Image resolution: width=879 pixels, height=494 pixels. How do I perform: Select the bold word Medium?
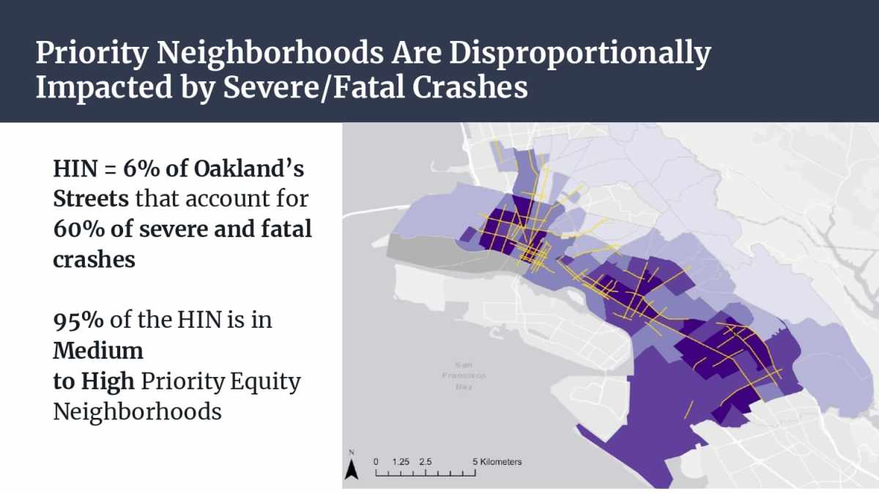click(98, 351)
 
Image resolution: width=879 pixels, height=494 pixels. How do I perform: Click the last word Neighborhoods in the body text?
click(137, 411)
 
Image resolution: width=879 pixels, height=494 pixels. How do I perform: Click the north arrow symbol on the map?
click(352, 468)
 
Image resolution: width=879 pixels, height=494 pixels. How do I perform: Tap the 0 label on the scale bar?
click(376, 462)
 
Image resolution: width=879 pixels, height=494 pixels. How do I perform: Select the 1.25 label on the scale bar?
click(401, 462)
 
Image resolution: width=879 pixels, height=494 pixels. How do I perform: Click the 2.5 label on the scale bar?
click(426, 462)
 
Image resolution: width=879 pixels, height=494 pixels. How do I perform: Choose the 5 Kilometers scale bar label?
click(497, 462)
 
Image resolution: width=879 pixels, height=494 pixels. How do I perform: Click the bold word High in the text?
click(111, 381)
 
